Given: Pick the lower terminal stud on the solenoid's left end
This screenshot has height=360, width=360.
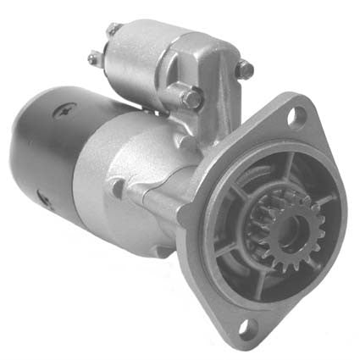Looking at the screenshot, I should pyautogui.click(x=95, y=59).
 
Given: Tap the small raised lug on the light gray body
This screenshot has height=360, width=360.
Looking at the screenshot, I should pyautogui.click(x=116, y=186).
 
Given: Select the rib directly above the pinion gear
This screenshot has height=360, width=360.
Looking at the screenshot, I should pyautogui.click(x=280, y=174).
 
